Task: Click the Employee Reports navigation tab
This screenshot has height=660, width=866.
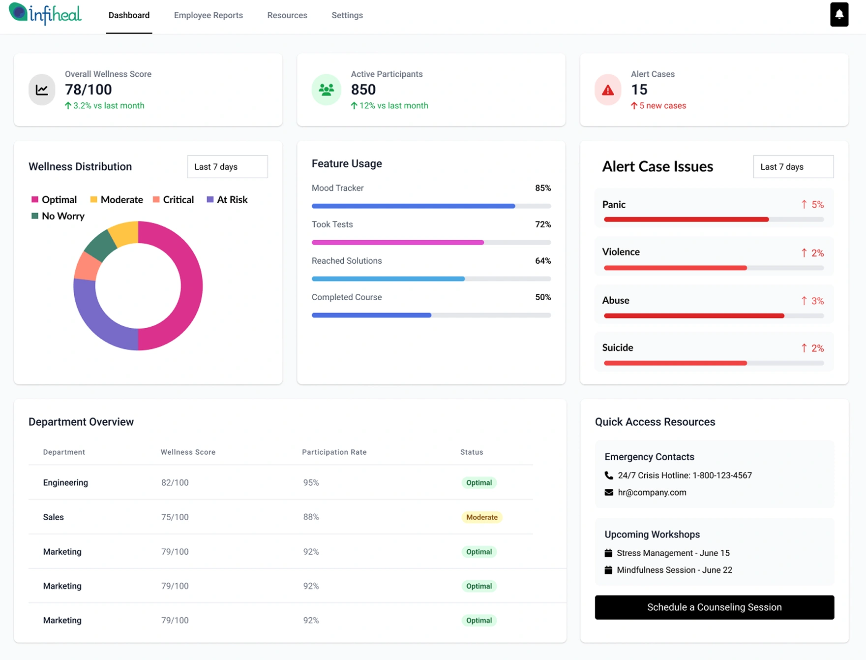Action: click(x=208, y=15)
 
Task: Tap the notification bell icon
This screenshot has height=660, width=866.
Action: click(x=839, y=14)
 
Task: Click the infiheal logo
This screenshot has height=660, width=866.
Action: click(x=45, y=14)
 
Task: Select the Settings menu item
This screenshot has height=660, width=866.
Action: click(x=347, y=15)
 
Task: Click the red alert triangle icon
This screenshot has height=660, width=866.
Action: click(x=608, y=90)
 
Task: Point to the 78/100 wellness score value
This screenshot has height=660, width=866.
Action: click(x=89, y=90)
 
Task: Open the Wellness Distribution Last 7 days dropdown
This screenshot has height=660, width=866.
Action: click(x=227, y=167)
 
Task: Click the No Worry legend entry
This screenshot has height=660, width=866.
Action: click(x=58, y=216)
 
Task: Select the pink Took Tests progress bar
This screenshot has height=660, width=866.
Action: click(x=397, y=242)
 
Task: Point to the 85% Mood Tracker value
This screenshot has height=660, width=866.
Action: click(x=542, y=188)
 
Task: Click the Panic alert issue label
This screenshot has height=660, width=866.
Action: click(x=614, y=205)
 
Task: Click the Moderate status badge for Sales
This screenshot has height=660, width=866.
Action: click(x=481, y=517)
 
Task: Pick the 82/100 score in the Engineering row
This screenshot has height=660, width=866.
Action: click(x=175, y=483)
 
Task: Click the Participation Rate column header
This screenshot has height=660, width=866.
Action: click(x=334, y=452)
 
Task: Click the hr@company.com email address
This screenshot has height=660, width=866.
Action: click(x=652, y=492)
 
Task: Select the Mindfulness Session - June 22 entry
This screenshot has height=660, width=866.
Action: click(x=674, y=570)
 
